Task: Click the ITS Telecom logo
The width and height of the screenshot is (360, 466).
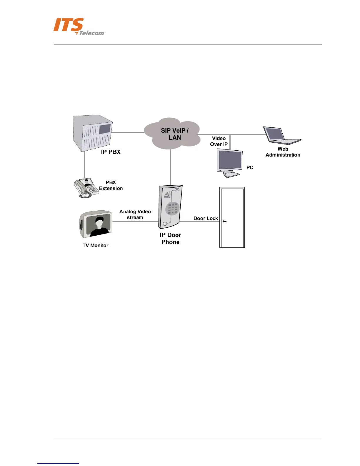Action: tap(79, 27)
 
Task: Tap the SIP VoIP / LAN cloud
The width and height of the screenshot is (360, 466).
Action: tap(175, 134)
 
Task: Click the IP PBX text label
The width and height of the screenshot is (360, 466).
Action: tap(111, 152)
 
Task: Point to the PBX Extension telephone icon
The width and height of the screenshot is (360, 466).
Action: tap(86, 188)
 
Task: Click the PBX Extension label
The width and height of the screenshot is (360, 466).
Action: tap(111, 185)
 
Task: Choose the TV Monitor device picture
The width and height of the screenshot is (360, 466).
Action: tap(96, 224)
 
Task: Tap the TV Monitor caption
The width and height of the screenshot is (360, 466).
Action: tap(95, 245)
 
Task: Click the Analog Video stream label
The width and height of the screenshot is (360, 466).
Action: tap(135, 214)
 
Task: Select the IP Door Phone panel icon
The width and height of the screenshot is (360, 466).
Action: tap(171, 207)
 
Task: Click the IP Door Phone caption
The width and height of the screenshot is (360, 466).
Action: tap(170, 239)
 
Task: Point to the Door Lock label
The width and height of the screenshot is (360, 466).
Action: tap(206, 218)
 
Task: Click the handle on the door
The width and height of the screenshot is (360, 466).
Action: tap(224, 221)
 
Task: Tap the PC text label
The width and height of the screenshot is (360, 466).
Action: tap(250, 167)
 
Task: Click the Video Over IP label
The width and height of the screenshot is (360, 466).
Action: tap(219, 141)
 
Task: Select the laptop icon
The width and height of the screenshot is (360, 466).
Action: tap(281, 136)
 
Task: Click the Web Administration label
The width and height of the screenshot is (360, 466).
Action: tap(283, 152)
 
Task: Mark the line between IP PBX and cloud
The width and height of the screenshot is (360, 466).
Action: tap(128, 133)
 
